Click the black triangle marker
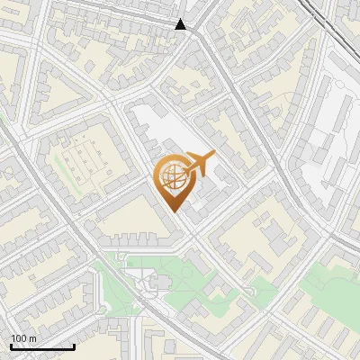pos(181,25)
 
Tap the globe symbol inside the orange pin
pos(174,176)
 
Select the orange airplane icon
pos(200,163)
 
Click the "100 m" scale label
pos(23,337)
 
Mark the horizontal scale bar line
pos(42,346)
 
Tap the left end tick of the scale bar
pos(11,345)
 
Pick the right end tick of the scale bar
pos(74,345)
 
